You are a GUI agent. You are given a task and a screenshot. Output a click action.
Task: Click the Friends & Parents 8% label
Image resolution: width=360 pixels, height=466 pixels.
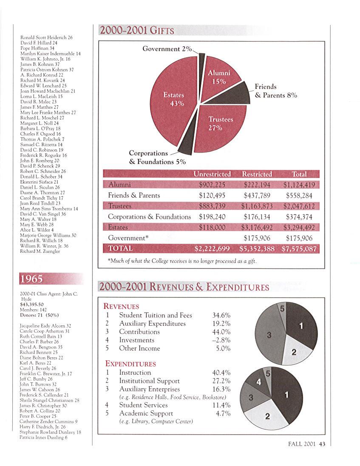pyautogui.click(x=275, y=91)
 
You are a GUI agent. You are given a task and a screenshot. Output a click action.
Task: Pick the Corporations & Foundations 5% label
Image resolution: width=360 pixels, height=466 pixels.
pyautogui.click(x=157, y=157)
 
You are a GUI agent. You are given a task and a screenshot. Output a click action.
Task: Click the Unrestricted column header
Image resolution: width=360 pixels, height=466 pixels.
pyautogui.click(x=212, y=174)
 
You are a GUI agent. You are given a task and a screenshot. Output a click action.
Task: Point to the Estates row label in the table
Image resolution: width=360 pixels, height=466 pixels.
pyautogui.click(x=118, y=227)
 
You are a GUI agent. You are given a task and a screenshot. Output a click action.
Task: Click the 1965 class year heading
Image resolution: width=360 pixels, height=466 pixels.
pyautogui.click(x=32, y=279)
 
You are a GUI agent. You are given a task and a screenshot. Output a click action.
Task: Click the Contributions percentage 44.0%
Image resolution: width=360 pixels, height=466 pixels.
pyautogui.click(x=221, y=332)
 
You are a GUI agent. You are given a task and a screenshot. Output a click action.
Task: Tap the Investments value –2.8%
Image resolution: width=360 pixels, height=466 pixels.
pyautogui.click(x=221, y=340)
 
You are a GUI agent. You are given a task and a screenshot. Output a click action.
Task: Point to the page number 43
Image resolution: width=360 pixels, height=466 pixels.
pyautogui.click(x=322, y=444)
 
